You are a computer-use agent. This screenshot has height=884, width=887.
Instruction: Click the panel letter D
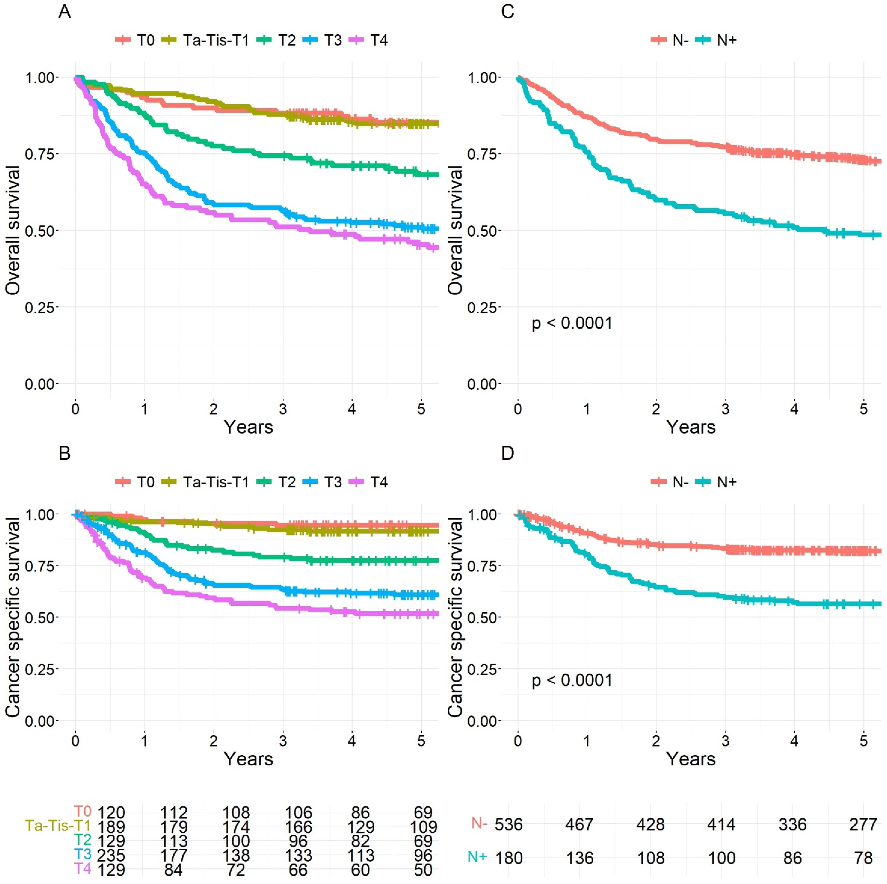pos(507,453)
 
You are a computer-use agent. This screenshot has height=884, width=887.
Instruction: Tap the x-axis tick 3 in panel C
pos(725,409)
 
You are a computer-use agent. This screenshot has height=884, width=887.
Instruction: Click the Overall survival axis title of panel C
pos(455,230)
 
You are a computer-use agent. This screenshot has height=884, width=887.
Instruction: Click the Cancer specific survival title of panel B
pos(13,617)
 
